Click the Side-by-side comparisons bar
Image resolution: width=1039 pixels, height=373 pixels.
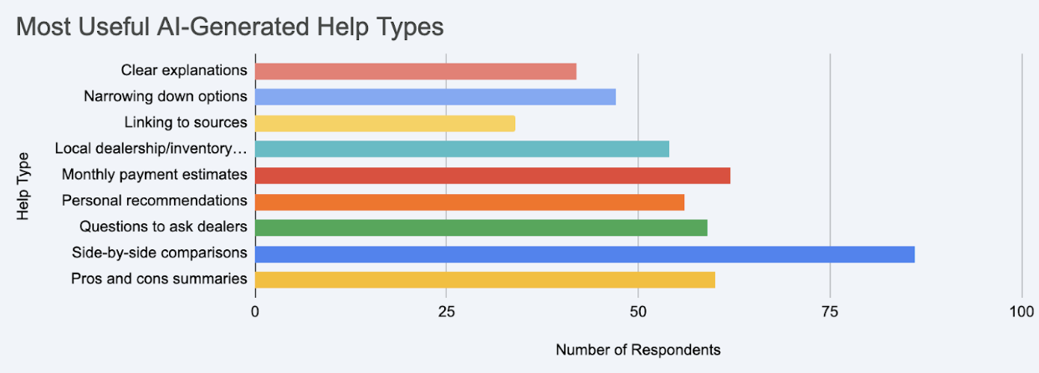[x=584, y=254]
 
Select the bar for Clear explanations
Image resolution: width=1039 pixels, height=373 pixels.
[x=415, y=71]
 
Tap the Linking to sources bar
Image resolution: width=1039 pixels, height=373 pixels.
[x=384, y=123]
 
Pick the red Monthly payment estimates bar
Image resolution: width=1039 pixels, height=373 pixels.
[x=492, y=176]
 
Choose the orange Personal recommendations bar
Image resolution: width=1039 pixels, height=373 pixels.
[x=468, y=202]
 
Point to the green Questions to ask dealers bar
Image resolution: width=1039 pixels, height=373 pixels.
[x=480, y=227]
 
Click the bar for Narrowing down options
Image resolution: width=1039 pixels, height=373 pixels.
[x=434, y=97]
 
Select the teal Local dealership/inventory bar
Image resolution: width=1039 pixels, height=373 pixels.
[x=461, y=149]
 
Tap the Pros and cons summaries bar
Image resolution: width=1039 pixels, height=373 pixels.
[x=484, y=279]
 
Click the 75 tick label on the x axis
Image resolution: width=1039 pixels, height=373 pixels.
[x=830, y=311]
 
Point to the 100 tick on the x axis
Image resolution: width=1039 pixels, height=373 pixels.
[x=1021, y=311]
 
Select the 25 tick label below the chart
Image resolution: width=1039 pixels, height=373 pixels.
[x=447, y=311]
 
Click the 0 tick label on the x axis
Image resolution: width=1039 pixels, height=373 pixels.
[x=255, y=311]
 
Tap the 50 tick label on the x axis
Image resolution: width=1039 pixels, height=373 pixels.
[x=638, y=311]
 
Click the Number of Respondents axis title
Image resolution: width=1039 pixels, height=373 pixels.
[x=637, y=350]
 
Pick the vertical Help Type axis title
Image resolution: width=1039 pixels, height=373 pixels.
[x=23, y=186]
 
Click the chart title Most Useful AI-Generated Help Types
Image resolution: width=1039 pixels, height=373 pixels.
[x=230, y=27]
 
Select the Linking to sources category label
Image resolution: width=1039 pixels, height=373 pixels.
[x=186, y=123]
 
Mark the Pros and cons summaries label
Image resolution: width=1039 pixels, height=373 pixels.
[x=159, y=279]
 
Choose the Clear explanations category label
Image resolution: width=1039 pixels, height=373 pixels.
[x=184, y=71]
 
